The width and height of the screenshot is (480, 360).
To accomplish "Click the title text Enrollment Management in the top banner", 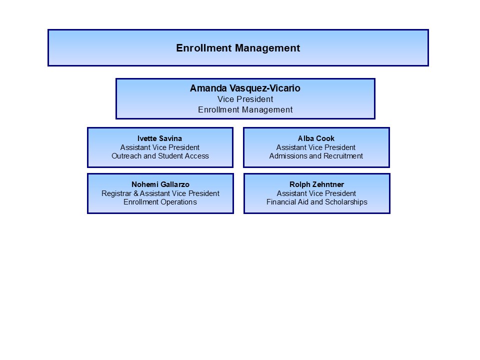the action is (x=238, y=48).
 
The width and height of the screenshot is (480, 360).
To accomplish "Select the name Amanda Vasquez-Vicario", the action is (x=245, y=88).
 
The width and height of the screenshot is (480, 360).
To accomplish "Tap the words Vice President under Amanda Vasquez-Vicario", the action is (x=245, y=99).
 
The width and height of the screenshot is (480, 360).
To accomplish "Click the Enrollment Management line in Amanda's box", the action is (x=245, y=109).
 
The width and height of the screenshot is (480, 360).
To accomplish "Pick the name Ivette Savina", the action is (x=159, y=138).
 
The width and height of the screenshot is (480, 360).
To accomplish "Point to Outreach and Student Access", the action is (x=160, y=156).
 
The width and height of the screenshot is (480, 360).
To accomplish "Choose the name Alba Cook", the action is (x=316, y=138).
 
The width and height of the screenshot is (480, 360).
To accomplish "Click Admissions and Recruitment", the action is (x=316, y=156).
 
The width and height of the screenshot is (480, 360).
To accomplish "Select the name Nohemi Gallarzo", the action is (x=160, y=184).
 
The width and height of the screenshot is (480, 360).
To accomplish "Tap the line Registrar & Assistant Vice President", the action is (x=160, y=193).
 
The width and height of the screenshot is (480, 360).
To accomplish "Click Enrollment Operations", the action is (x=160, y=202).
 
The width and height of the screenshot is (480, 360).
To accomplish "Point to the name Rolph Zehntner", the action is (x=317, y=184).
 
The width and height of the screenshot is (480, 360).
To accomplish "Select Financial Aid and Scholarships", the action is (x=317, y=202).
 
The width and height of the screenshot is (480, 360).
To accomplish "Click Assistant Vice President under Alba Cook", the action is (x=316, y=147).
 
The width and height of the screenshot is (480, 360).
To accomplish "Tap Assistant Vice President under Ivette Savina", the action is (x=160, y=147).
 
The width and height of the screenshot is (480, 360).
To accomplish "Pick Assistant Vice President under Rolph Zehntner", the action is (x=316, y=193).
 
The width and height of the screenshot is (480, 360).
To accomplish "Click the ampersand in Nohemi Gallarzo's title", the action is (x=136, y=193).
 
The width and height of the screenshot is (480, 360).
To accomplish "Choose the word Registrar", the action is (x=116, y=193).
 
